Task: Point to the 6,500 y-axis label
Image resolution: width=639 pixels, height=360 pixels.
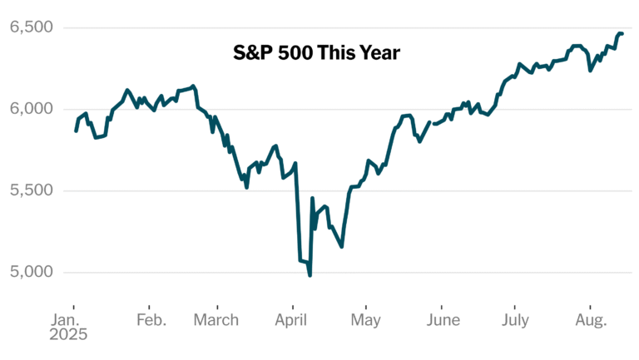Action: click(x=31, y=27)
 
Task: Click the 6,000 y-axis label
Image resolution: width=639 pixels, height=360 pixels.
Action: click(x=31, y=109)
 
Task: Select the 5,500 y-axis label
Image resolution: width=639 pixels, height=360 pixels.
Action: click(x=31, y=190)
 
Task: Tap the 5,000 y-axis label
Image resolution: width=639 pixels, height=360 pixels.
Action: click(x=31, y=272)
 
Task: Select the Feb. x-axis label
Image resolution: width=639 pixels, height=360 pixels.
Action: click(x=151, y=320)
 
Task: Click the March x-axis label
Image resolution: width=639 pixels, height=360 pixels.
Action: click(x=216, y=320)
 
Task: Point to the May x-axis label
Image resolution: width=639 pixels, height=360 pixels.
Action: click(x=367, y=320)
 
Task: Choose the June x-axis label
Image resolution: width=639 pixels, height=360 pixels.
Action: click(x=442, y=320)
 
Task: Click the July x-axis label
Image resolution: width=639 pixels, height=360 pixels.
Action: click(x=516, y=320)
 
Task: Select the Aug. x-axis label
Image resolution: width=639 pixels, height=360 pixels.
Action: click(x=591, y=320)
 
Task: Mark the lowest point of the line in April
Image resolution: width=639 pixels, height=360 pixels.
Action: click(x=310, y=275)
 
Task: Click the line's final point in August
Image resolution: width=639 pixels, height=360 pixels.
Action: click(x=622, y=34)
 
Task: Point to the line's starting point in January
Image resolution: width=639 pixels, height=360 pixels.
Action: click(x=76, y=131)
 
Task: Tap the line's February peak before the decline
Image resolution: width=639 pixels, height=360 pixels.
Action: click(x=193, y=86)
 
